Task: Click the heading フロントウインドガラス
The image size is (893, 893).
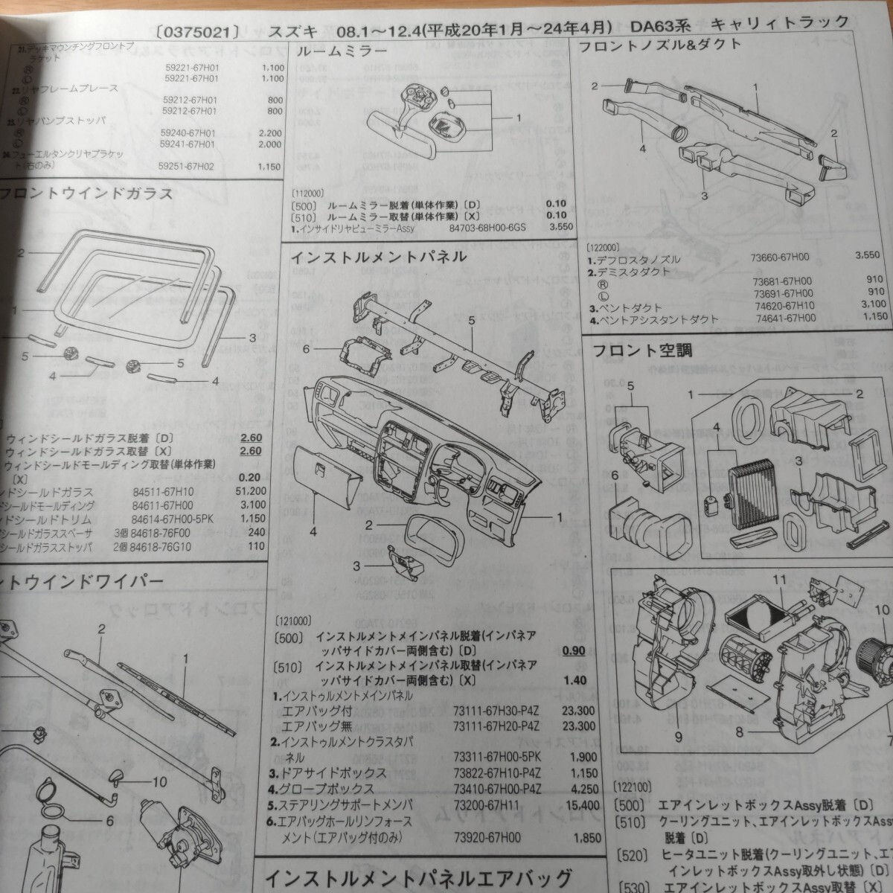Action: click(x=87, y=195)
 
